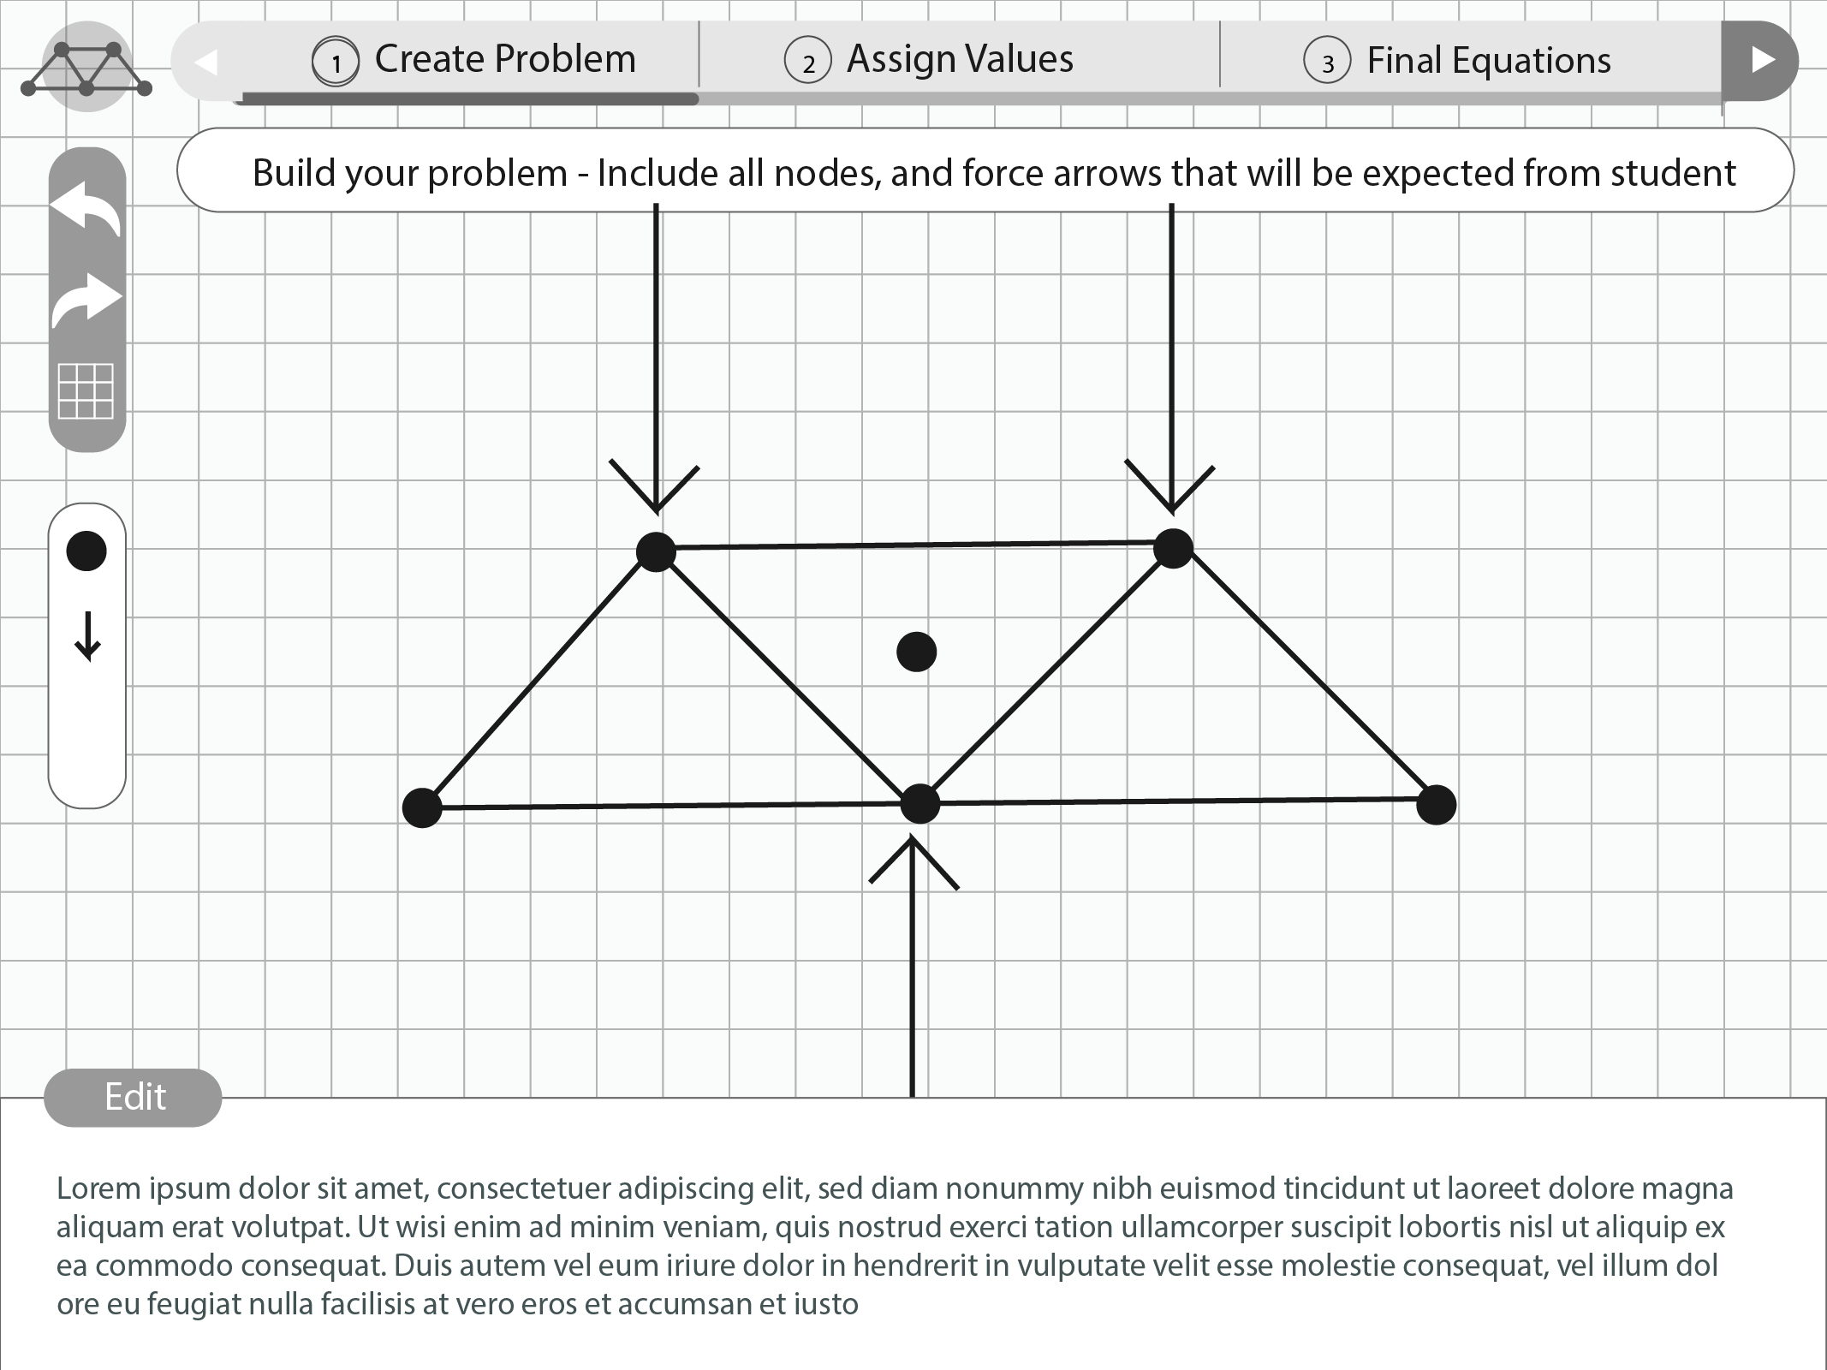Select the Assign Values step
coord(929,59)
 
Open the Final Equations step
coord(1457,60)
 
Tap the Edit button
coord(133,1097)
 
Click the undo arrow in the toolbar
coord(86,208)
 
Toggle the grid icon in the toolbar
coord(86,391)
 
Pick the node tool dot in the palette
coord(86,551)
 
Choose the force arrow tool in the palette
coord(87,637)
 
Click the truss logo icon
coord(86,67)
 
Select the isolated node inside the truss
coord(916,652)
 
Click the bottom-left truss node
coord(422,807)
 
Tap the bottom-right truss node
coord(1437,805)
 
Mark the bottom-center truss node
coord(920,804)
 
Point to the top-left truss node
coord(657,552)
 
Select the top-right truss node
coord(1173,548)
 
